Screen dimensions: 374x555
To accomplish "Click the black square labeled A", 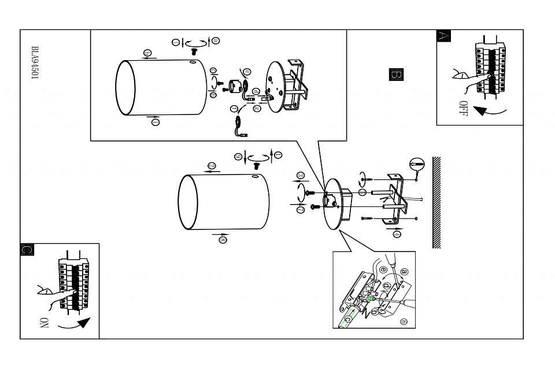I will click(443, 35).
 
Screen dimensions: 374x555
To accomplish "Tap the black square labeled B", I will click(397, 75).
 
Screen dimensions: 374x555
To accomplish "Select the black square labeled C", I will click(27, 249).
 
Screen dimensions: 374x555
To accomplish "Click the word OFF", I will click(462, 108).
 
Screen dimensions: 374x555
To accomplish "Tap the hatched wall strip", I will click(436, 202).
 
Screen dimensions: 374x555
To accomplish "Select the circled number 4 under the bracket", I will click(398, 232).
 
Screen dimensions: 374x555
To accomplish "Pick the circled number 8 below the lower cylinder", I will click(223, 240).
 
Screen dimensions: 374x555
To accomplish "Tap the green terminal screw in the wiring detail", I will click(366, 299).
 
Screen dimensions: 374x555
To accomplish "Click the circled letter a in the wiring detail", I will click(404, 270).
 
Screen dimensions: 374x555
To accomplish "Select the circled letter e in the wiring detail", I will click(404, 321).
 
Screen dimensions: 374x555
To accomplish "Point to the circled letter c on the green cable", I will click(348, 319).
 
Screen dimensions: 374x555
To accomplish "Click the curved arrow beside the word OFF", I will click(489, 110).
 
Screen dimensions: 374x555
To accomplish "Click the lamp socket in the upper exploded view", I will click(235, 86).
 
